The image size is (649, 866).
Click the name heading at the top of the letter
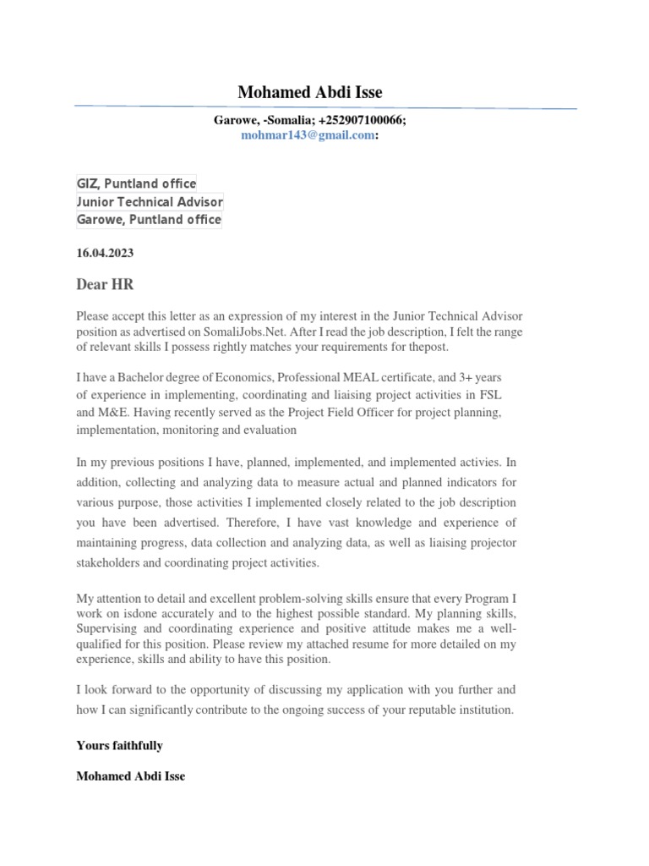309,92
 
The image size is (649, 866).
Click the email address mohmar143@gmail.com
308,135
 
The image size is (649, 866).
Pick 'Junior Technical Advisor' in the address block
150,202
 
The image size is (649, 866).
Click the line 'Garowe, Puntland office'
149,220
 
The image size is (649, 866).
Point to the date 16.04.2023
105,253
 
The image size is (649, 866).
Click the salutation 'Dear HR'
105,285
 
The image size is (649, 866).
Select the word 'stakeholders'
110,562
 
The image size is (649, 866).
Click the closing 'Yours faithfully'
119,746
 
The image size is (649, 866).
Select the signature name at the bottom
130,776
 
